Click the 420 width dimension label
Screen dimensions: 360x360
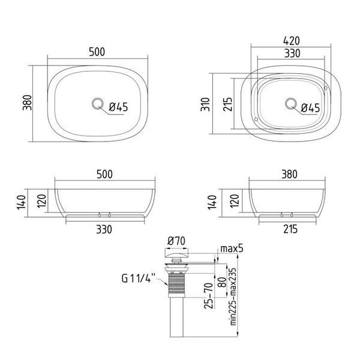tap(292, 41)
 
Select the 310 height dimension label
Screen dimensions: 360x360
tap(205, 104)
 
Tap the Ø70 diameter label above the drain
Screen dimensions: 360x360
tap(176, 241)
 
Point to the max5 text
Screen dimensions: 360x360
tap(232, 248)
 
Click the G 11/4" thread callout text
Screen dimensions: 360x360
tap(139, 278)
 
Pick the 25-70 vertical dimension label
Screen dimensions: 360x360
tap(209, 296)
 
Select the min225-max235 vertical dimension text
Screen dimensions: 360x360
tap(233, 296)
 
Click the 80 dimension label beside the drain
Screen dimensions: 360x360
tap(221, 283)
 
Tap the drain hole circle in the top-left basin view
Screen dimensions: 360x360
tap(98, 104)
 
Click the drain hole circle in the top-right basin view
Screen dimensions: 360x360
tap(291, 104)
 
